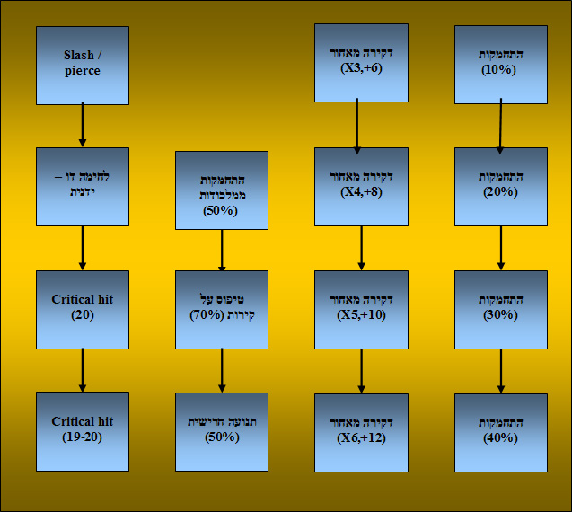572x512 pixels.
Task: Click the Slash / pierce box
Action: click(x=83, y=66)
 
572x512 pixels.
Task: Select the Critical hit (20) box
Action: click(x=83, y=310)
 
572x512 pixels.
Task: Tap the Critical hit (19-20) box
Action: click(x=83, y=431)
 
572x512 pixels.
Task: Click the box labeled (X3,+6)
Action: click(x=361, y=63)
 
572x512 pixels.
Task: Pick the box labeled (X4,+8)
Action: click(x=361, y=187)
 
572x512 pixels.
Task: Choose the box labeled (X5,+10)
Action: click(x=361, y=310)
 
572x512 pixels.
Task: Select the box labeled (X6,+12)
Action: click(x=361, y=432)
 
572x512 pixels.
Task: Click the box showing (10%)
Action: click(x=501, y=65)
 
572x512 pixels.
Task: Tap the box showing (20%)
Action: click(x=501, y=187)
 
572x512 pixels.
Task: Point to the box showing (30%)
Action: click(x=501, y=310)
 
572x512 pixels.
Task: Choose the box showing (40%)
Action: click(x=501, y=432)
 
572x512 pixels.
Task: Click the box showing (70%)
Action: click(x=222, y=310)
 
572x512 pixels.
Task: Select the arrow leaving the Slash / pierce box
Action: click(x=83, y=125)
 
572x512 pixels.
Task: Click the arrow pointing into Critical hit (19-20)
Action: click(x=83, y=370)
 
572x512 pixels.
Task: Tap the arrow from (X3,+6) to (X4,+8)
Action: click(x=357, y=126)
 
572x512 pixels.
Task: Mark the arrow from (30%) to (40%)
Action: click(x=501, y=371)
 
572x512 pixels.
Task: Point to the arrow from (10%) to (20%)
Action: click(x=500, y=126)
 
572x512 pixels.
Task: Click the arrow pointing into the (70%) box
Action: click(x=222, y=251)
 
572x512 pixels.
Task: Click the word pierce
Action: click(x=83, y=71)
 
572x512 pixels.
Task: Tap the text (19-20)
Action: click(x=82, y=437)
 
